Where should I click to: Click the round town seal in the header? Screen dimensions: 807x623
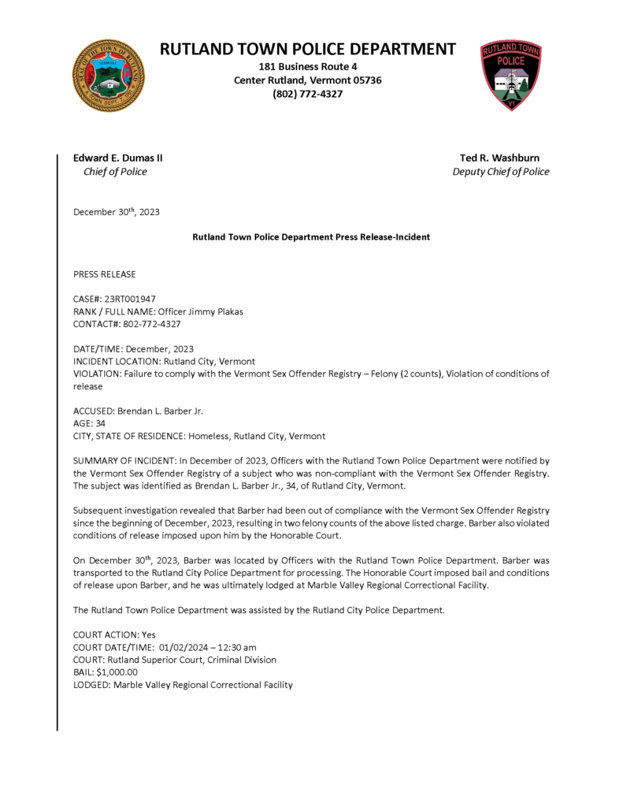tap(108, 75)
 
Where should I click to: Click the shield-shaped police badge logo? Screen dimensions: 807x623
tap(511, 75)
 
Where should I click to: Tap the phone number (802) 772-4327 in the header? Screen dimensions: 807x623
tap(307, 94)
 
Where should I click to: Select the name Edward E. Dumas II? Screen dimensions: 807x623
tap(118, 158)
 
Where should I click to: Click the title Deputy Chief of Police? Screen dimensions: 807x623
tap(500, 172)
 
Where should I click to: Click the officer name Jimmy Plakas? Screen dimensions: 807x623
tap(214, 311)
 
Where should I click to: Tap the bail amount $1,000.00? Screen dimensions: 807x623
tap(117, 672)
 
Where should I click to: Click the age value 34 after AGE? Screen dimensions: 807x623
tap(100, 423)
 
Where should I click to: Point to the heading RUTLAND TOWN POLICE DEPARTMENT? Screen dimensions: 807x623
tap(307, 49)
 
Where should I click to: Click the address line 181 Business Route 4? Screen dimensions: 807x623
tap(307, 66)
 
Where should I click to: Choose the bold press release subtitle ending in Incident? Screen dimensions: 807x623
tap(311, 237)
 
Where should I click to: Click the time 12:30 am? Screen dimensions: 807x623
tap(235, 647)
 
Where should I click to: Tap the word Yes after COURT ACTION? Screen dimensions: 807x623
tap(150, 634)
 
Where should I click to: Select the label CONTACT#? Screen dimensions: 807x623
tap(95, 323)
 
